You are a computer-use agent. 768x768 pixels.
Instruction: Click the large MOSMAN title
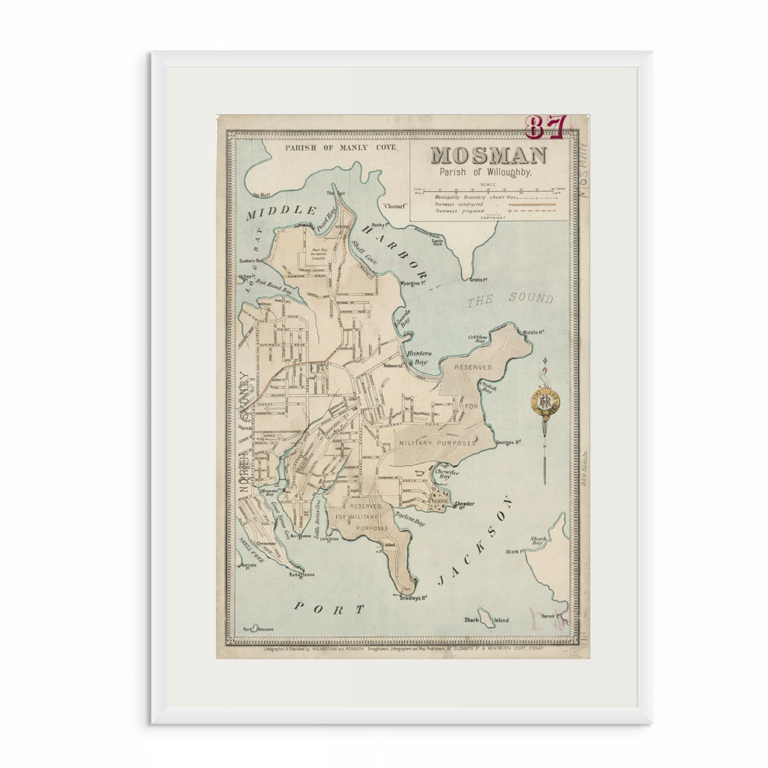[x=488, y=155]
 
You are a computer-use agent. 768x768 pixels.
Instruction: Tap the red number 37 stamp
[x=544, y=127]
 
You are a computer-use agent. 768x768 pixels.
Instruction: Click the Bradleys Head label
[x=412, y=598]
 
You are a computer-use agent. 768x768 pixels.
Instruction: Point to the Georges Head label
[x=508, y=442]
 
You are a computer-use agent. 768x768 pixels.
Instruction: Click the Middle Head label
[x=532, y=331]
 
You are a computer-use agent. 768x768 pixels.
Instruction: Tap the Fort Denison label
[x=258, y=628]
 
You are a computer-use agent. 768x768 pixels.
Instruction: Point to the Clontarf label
[x=394, y=204]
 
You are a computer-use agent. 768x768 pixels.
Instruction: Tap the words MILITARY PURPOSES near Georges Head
[x=437, y=443]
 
